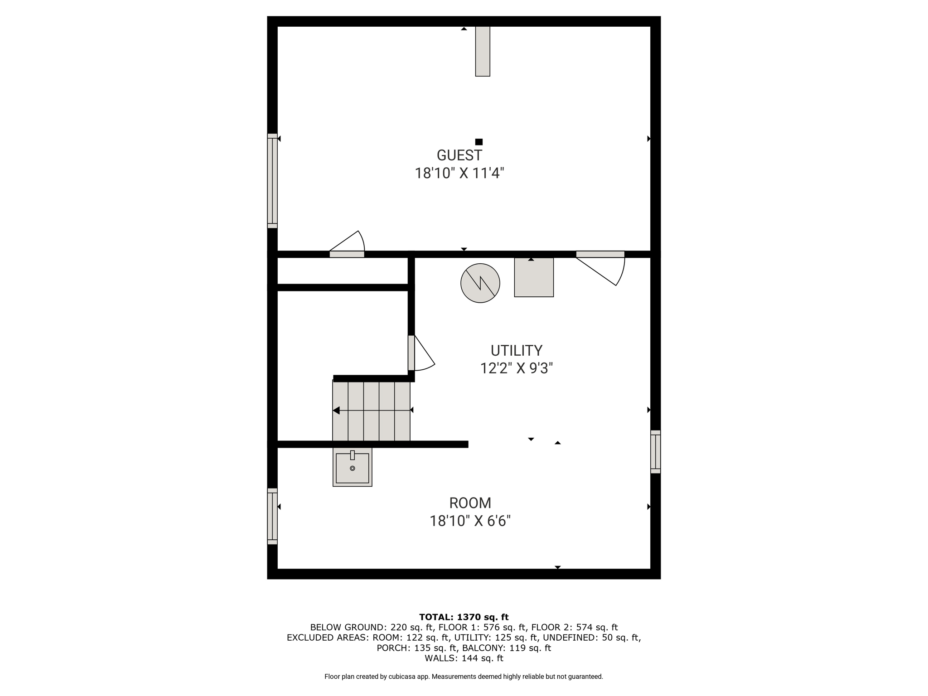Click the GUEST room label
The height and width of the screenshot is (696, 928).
click(459, 155)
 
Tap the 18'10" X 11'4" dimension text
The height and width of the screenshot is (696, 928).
click(459, 173)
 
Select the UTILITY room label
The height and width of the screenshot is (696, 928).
click(516, 351)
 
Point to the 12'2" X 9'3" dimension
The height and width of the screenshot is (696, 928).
click(516, 368)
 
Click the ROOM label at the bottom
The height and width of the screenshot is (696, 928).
click(470, 503)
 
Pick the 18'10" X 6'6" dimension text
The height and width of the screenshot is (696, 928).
click(470, 521)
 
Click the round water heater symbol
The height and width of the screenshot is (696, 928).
click(480, 283)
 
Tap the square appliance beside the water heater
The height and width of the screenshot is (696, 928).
click(534, 277)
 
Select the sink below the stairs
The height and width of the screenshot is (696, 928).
click(352, 467)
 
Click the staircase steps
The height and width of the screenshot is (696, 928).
click(371, 411)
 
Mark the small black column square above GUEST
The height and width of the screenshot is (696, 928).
click(479, 142)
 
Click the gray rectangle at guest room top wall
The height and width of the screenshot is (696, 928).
click(483, 51)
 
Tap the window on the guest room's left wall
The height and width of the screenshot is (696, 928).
click(272, 181)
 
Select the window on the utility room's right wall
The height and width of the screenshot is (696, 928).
click(655, 452)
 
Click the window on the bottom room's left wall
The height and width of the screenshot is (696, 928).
click(272, 516)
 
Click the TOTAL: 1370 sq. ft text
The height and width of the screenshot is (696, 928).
click(464, 617)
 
